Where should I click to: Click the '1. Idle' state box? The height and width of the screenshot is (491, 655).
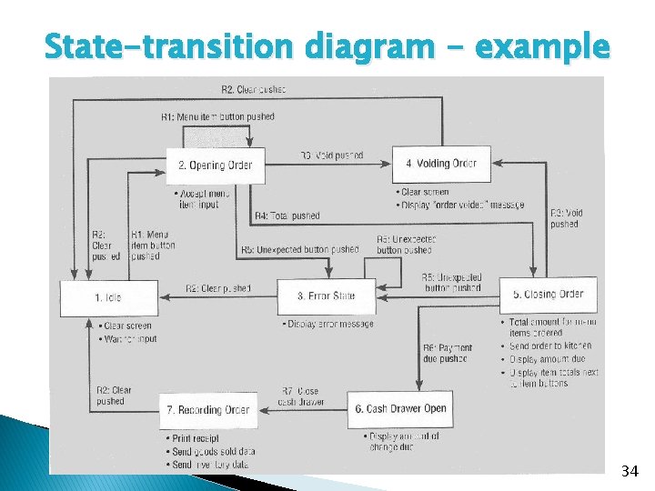point(108,297)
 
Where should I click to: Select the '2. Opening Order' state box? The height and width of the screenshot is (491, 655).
point(215,165)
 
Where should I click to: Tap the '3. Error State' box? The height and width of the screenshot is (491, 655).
point(326,296)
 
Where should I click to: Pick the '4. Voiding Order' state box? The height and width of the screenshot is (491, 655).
point(440,164)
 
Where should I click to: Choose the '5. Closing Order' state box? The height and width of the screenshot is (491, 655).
point(547,294)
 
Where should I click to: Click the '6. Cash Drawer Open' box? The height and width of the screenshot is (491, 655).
point(399,409)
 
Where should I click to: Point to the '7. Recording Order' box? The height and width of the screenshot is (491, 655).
point(207,410)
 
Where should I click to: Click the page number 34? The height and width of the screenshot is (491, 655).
point(630,470)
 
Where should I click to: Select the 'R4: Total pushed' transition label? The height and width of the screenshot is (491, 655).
point(287,216)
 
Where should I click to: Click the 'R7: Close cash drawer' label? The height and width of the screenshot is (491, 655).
point(300,396)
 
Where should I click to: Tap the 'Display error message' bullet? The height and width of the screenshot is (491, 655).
point(329,324)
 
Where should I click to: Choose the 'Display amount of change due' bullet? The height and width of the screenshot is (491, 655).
point(404,441)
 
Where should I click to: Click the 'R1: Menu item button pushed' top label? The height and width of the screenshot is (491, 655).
point(217,116)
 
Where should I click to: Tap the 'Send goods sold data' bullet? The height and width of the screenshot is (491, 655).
point(214,452)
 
